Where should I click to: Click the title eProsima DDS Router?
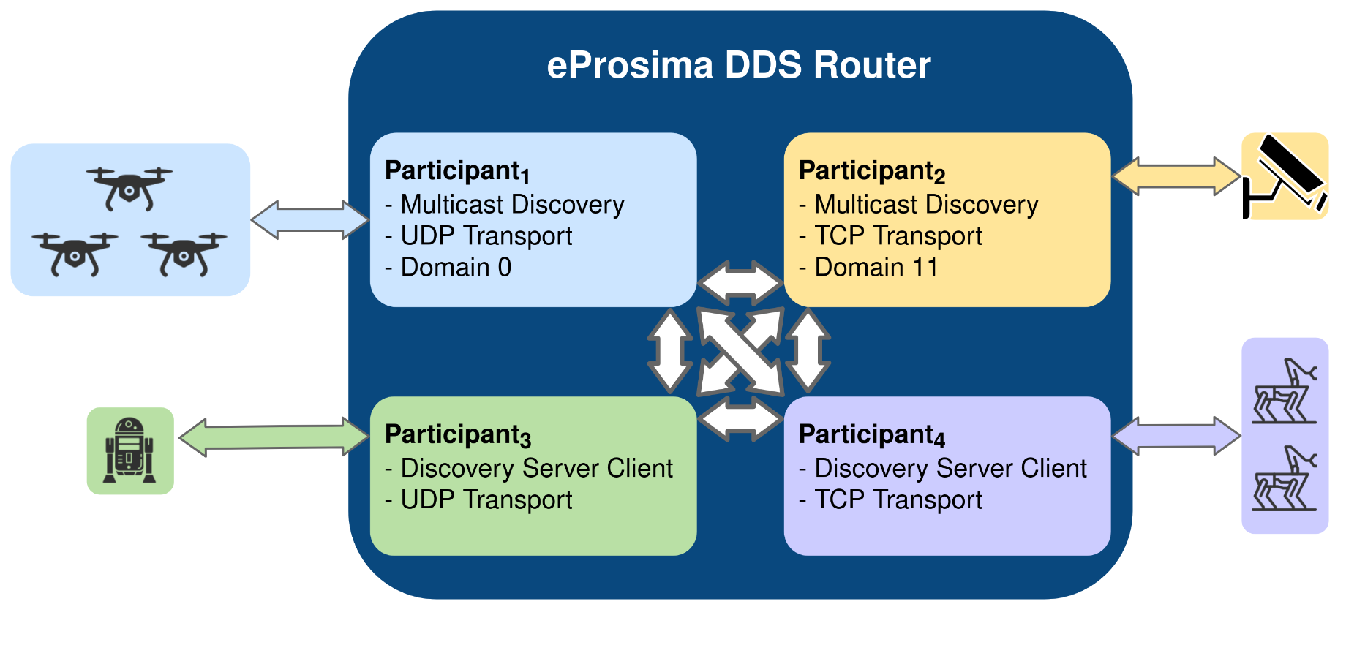(739, 65)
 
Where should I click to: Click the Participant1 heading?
(457, 171)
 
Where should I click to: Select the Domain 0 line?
(448, 268)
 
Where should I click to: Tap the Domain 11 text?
(868, 268)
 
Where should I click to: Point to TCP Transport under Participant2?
(891, 236)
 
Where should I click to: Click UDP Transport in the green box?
(479, 500)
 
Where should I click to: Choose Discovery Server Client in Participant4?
(943, 469)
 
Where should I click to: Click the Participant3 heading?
(458, 435)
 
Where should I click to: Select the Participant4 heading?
(872, 435)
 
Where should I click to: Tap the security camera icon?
(1285, 176)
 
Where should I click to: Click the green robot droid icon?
(130, 450)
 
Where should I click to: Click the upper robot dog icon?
(1285, 391)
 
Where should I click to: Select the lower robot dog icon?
(1285, 478)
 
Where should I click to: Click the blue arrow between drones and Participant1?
(310, 219)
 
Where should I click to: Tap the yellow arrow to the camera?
(1176, 176)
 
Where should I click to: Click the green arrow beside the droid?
(274, 437)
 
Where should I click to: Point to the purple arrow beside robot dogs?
(1176, 436)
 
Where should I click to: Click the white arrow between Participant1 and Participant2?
(740, 283)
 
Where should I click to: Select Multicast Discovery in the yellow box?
(919, 205)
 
